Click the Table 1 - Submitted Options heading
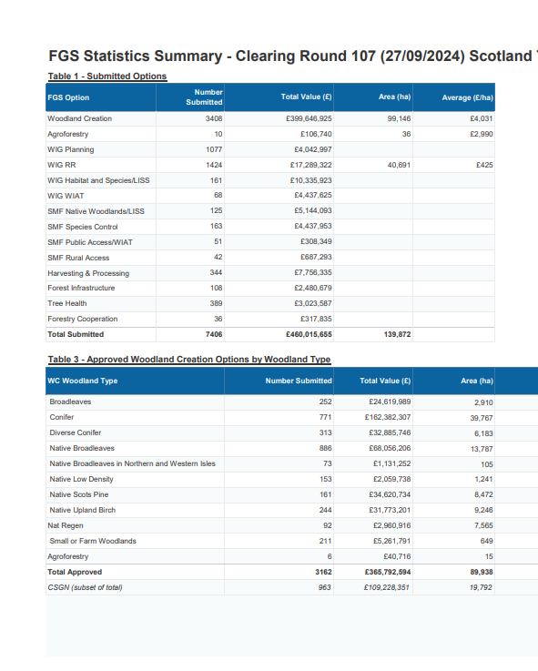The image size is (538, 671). tap(107, 76)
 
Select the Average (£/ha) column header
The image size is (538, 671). tap(467, 97)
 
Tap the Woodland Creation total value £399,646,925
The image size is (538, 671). tap(309, 118)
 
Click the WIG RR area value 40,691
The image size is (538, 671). tap(399, 165)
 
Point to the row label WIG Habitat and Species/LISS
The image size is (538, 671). tap(98, 180)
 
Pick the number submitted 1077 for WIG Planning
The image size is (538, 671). tap(214, 149)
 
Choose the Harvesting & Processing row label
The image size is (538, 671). tap(88, 273)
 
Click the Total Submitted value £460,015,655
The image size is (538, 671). tap(309, 334)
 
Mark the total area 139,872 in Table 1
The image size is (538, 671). tap(397, 334)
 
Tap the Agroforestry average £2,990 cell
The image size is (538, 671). tap(482, 134)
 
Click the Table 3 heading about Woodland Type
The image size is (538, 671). tap(189, 360)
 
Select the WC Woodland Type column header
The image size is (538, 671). tap(83, 381)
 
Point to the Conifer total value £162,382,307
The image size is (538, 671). tap(388, 417)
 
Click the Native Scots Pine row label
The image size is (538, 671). tap(79, 494)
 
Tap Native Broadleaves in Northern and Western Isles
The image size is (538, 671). tap(132, 463)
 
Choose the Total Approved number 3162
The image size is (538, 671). tap(323, 572)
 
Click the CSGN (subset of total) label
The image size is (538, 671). tap(85, 587)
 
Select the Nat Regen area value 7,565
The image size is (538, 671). tap(483, 525)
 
